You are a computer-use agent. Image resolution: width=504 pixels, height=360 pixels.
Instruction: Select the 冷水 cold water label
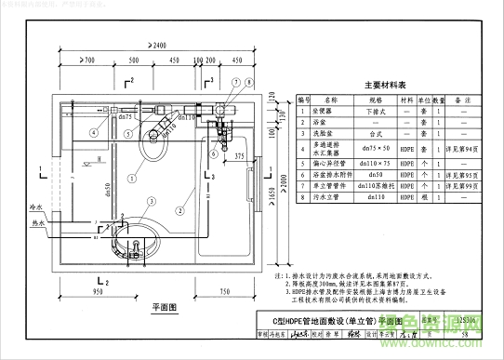[x=36, y=207]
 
